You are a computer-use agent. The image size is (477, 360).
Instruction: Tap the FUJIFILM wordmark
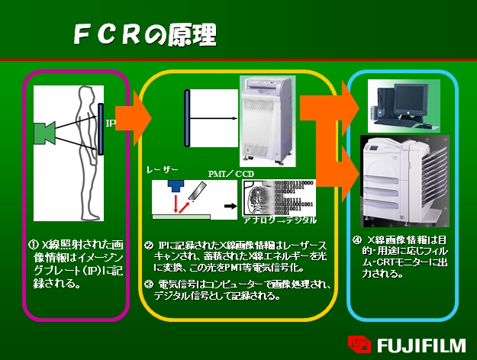point(421,344)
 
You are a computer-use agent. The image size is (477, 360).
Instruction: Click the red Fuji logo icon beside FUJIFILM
point(359,344)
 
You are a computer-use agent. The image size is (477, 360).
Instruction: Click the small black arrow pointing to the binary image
point(227,206)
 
